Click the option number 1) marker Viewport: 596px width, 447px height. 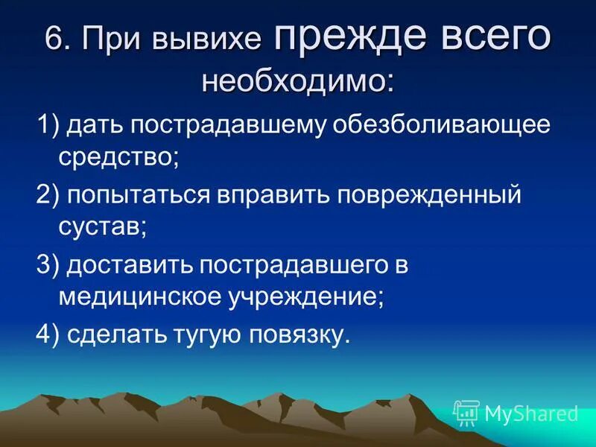[48, 125]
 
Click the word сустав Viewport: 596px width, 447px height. [101, 227]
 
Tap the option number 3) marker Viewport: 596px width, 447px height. [48, 265]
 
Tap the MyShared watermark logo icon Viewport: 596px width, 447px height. [466, 412]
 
